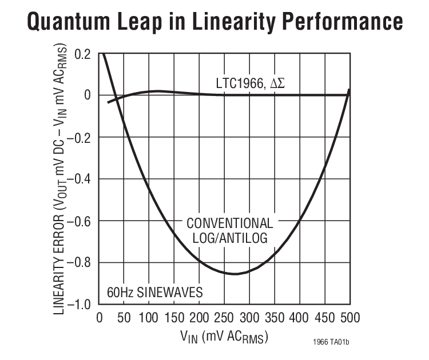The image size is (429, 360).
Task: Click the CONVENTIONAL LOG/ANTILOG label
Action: click(230, 230)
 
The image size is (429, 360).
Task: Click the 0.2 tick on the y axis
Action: click(83, 54)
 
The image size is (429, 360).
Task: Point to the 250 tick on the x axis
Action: click(224, 318)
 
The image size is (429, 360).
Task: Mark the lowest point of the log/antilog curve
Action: click(235, 274)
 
